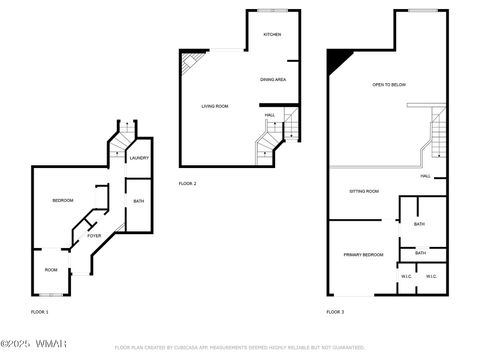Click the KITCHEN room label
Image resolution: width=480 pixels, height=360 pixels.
(x=272, y=34)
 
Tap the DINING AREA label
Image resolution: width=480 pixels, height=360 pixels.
(x=273, y=79)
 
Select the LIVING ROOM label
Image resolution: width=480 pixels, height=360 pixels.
(x=214, y=106)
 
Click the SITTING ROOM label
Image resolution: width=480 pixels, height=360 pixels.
(x=363, y=190)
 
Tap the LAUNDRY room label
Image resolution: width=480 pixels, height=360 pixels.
(x=139, y=158)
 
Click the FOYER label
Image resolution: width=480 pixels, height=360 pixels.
(x=94, y=235)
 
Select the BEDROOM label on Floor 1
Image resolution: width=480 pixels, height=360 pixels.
(x=63, y=201)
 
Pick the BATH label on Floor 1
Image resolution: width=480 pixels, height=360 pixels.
(x=138, y=202)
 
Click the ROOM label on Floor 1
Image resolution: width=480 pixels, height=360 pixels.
(x=50, y=269)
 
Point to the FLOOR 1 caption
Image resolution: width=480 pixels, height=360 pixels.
(x=39, y=312)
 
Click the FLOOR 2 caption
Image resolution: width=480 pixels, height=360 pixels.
(x=187, y=184)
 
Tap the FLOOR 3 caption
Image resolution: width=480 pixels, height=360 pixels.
(x=335, y=312)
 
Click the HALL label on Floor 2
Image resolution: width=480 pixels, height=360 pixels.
(x=270, y=115)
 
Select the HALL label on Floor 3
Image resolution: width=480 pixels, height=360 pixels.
(x=425, y=176)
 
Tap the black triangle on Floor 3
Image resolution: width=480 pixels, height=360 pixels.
(x=336, y=59)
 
